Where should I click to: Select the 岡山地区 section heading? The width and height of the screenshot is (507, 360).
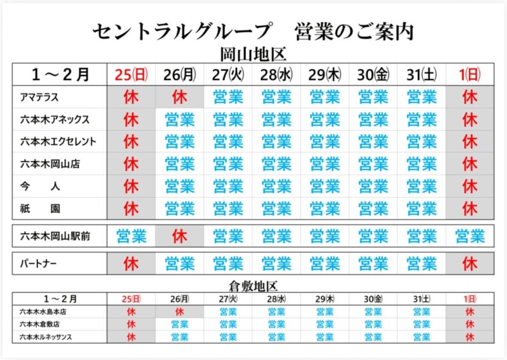point(253,54)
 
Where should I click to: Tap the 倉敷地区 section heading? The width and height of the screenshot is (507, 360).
point(253,286)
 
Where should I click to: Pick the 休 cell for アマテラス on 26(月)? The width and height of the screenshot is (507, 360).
point(179,97)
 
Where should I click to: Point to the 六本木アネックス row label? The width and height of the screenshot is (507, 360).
point(55,119)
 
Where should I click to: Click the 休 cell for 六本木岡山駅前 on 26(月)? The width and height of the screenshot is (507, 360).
point(179,236)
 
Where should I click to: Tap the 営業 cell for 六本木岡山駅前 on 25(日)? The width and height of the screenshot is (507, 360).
point(131,236)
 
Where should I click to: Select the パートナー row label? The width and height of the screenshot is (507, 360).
point(39,262)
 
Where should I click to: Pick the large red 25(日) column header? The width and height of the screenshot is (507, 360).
point(131,74)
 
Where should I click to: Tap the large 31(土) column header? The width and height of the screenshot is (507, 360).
point(421,74)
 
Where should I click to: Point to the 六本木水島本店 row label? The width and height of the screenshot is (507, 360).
point(44,312)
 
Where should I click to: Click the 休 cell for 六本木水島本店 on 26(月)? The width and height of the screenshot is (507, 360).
point(179,312)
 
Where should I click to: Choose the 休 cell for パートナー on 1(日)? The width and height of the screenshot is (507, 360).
point(470,262)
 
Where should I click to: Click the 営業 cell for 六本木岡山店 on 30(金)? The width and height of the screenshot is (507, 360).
point(373,164)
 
